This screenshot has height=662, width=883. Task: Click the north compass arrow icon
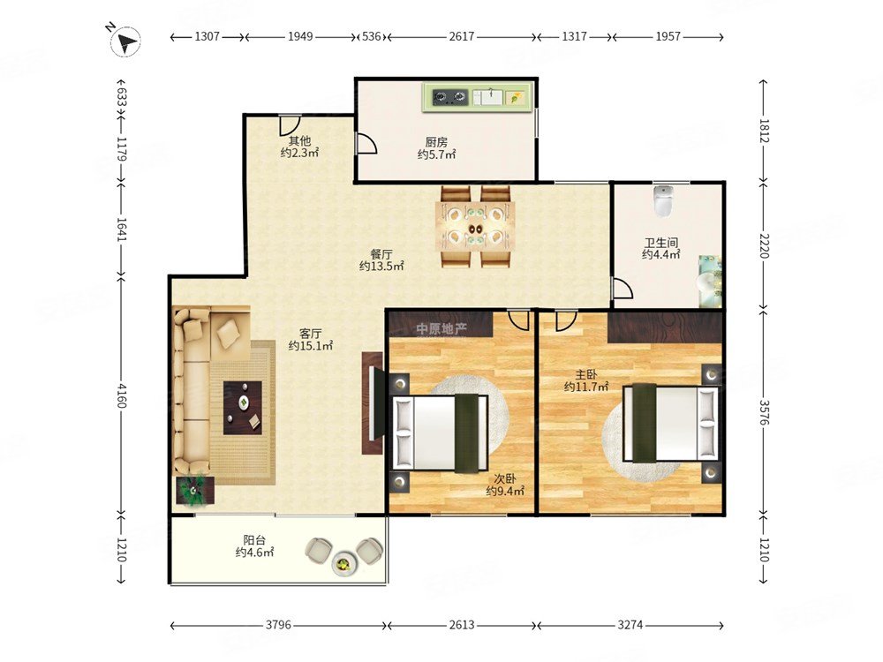125,41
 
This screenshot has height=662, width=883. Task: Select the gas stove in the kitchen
450,98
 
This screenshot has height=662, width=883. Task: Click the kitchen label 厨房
436,142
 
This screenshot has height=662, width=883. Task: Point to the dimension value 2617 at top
462,36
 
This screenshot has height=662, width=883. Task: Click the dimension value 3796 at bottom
278,625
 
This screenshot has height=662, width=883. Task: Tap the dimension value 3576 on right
764,413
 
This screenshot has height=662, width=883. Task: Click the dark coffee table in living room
243,408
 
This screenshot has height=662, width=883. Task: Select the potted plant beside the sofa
195,490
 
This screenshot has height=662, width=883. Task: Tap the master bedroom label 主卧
586,374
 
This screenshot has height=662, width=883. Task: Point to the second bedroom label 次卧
505,479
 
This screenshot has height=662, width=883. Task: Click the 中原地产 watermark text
441,328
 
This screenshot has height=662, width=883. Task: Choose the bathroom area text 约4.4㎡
661,255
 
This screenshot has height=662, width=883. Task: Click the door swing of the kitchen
366,144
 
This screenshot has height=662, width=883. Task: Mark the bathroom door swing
623,288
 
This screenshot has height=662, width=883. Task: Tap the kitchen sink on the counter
487,97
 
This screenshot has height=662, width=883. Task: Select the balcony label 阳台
254,540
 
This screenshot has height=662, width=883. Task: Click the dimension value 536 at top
372,36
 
